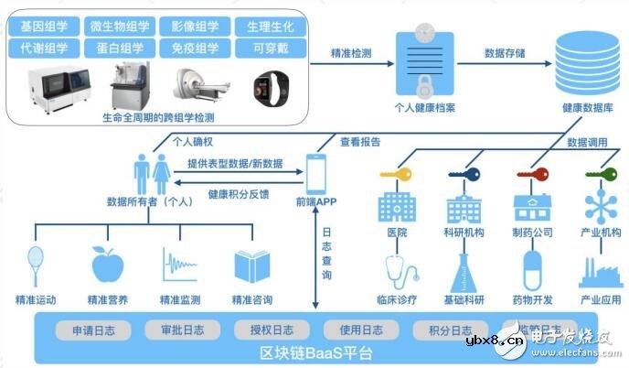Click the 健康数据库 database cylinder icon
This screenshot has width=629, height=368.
(x=582, y=64)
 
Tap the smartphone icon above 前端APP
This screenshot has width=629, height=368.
(x=316, y=171)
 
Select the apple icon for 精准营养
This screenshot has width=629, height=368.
(x=107, y=264)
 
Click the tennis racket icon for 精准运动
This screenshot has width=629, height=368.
(x=37, y=264)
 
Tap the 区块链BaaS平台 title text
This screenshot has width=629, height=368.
(x=315, y=352)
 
